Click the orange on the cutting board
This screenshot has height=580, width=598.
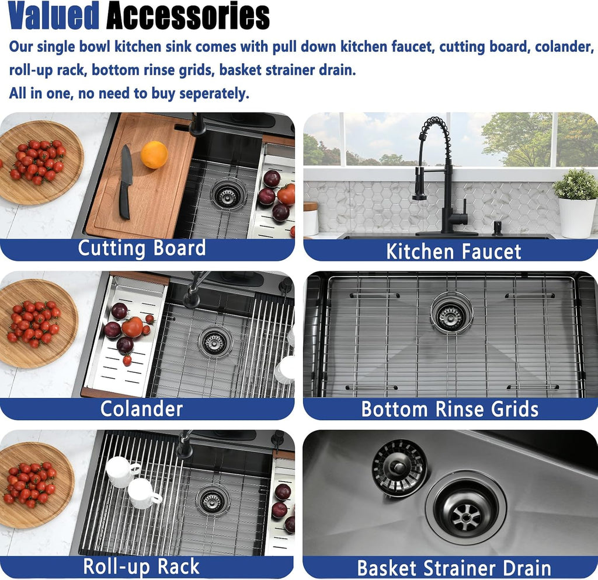pyautogui.click(x=154, y=155)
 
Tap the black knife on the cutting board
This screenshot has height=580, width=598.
pyautogui.click(x=126, y=182)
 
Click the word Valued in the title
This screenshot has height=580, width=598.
pyautogui.click(x=54, y=16)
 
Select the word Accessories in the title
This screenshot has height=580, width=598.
pyautogui.click(x=187, y=16)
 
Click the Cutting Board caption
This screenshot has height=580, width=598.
pyautogui.click(x=142, y=248)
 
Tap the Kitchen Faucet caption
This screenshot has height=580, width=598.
pyautogui.click(x=453, y=251)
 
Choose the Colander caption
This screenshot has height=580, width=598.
pyautogui.click(x=141, y=409)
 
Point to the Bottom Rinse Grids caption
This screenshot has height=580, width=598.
pyautogui.click(x=450, y=409)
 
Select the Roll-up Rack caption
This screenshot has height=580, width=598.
pyautogui.click(x=141, y=566)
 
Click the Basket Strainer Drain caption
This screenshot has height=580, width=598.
pyautogui.click(x=454, y=568)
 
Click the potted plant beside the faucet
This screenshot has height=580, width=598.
pyautogui.click(x=576, y=202)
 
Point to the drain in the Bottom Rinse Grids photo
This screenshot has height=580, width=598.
pyautogui.click(x=451, y=313)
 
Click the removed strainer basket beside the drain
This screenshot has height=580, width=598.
pyautogui.click(x=399, y=467)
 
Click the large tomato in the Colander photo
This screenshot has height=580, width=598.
pyautogui.click(x=133, y=327)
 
